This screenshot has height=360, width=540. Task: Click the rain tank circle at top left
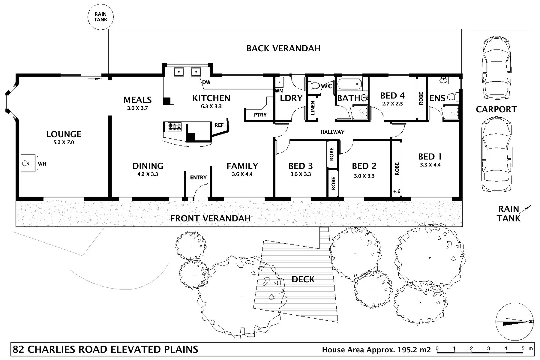pos(100,17)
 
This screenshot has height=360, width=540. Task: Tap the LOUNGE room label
pos(64,134)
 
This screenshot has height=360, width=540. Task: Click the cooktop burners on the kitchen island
pos(174,127)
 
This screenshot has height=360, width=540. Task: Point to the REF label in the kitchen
pos(219,125)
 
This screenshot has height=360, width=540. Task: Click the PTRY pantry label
pos(260,115)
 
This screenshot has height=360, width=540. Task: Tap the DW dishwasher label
pos(206,82)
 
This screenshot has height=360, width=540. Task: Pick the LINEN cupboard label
pos(313,108)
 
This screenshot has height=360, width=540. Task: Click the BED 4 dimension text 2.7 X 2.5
pos(392,104)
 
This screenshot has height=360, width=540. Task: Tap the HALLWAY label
pos(332,132)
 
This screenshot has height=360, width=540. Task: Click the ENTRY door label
pos(198,177)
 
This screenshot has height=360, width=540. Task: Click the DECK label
pos(303,279)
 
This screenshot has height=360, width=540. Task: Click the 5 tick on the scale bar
pos(523,349)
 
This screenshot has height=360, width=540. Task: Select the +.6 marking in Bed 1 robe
pos(397,191)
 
